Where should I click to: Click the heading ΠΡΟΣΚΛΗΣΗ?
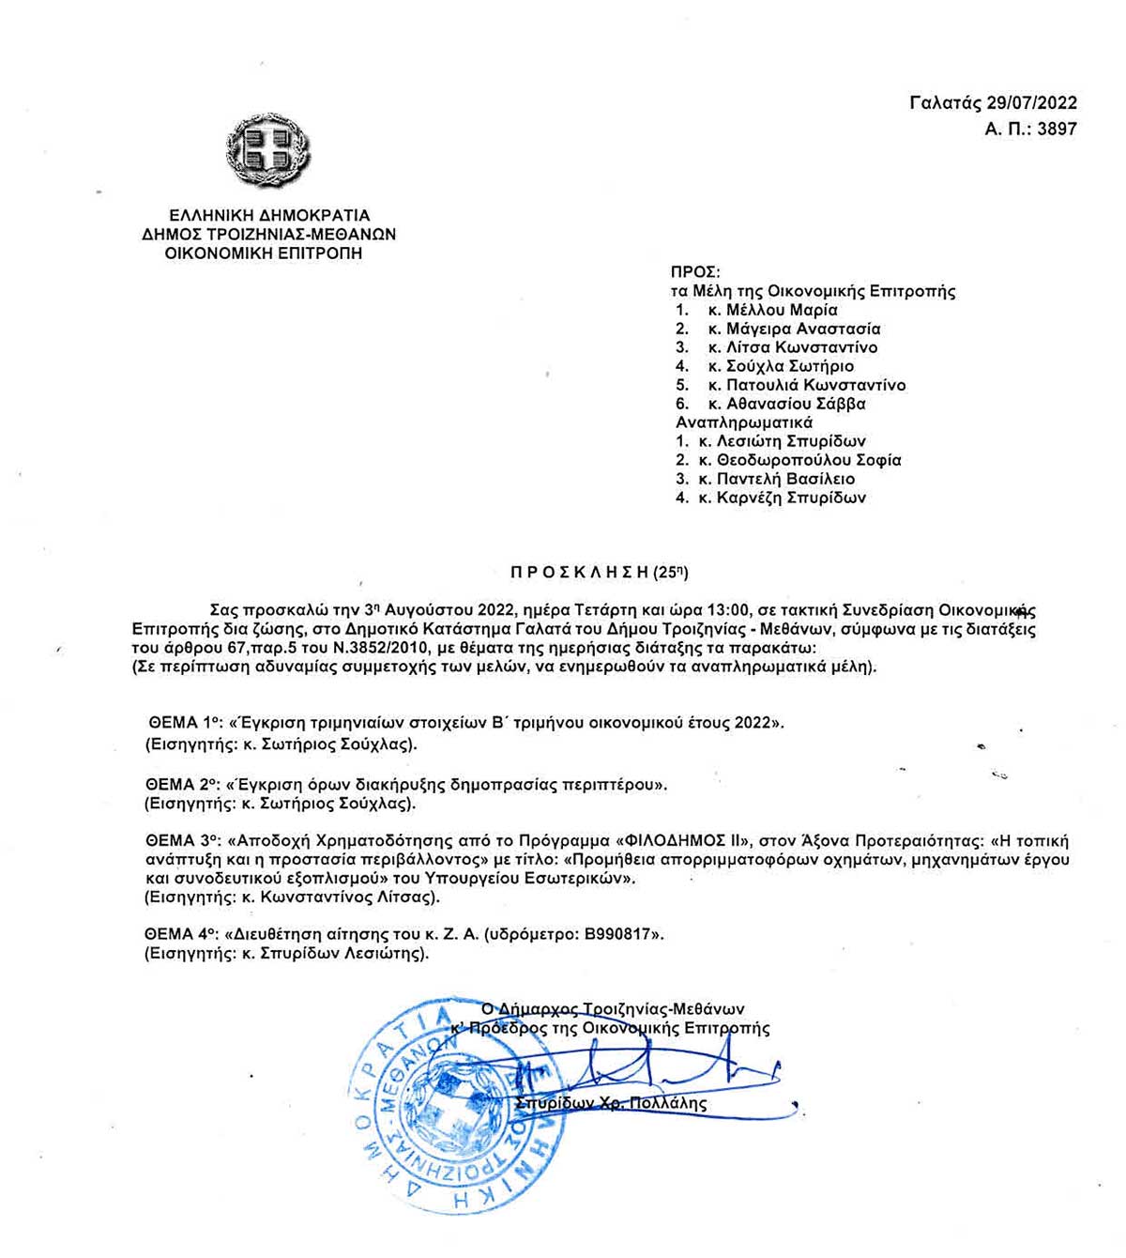pos(580,571)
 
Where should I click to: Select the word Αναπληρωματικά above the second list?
pos(744,422)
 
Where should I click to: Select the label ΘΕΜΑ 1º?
pos(183,723)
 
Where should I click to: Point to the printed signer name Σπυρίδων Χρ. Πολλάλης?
pos(612,1103)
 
